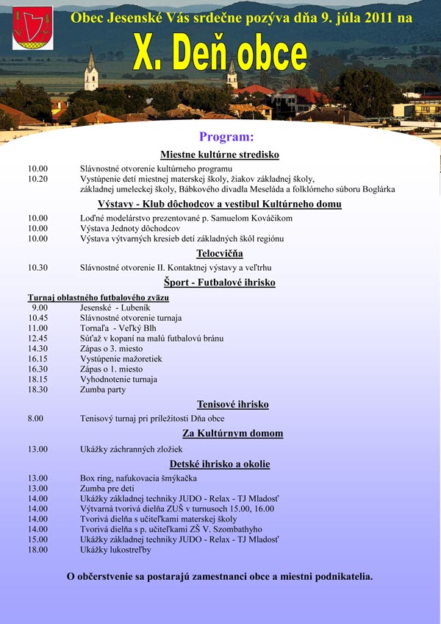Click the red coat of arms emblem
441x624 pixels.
coord(32,28)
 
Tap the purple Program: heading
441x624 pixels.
coord(226,137)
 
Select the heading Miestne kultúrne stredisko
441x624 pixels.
coord(220,155)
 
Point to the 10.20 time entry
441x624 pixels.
coord(37,179)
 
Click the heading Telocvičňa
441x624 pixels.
coord(220,253)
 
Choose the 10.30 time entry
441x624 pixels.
coord(37,268)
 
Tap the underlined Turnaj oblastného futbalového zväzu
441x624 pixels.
coord(98,297)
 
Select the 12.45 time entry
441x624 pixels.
coord(37,338)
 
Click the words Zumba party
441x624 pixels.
coord(103,390)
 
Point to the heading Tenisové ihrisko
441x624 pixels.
coord(232,404)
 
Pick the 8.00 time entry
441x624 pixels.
coord(35,419)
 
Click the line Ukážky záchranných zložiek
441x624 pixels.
coord(131,449)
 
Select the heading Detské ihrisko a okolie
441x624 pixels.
coord(220,464)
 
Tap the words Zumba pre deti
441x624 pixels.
coord(107,489)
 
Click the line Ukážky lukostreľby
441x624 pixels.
coord(115,550)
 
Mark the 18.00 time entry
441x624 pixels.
coord(37,550)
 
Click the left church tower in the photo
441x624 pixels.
coord(91,72)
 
